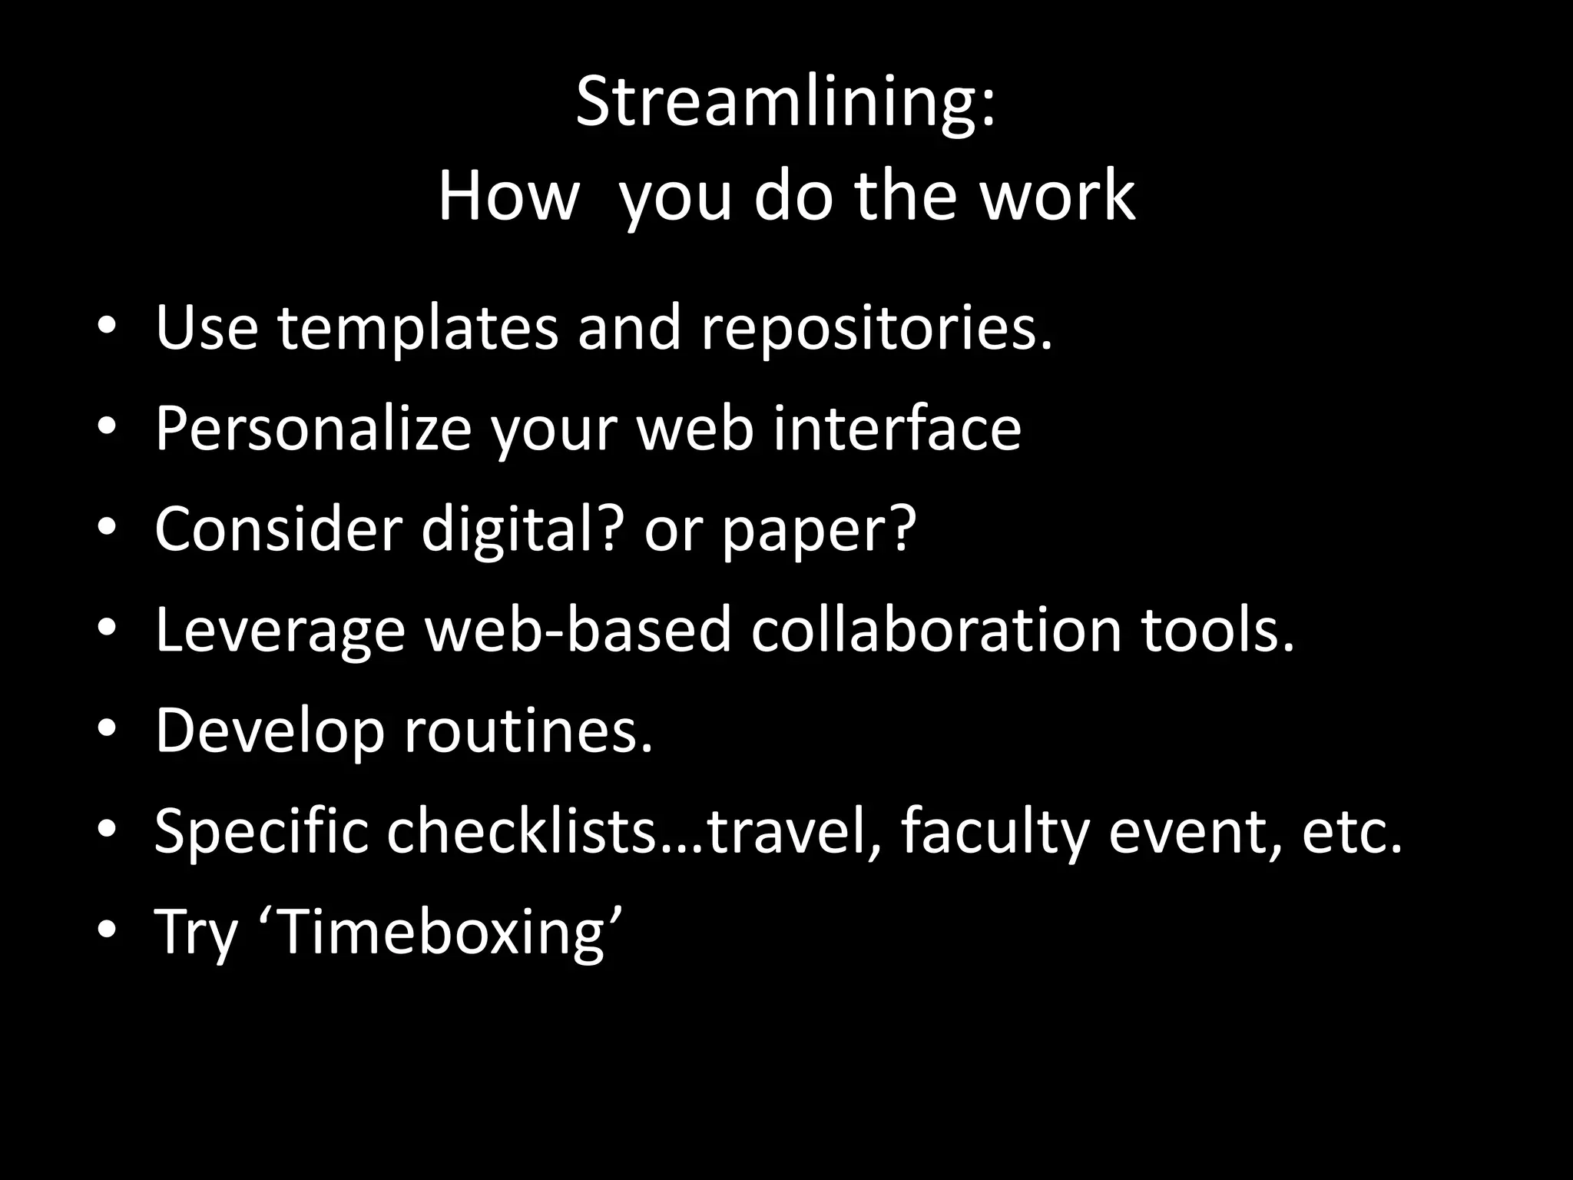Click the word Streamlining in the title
click(776, 104)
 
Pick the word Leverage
click(280, 630)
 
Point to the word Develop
click(270, 731)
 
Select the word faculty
click(995, 831)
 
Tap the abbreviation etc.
click(1351, 831)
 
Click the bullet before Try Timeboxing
click(107, 932)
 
